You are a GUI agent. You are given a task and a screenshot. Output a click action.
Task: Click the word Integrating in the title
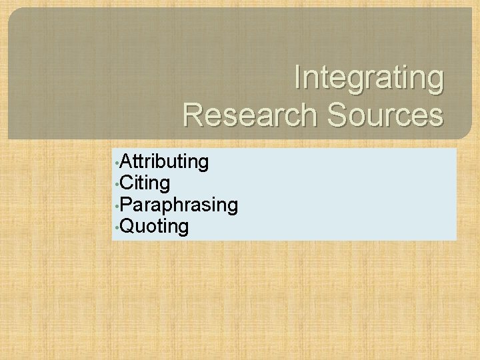369,78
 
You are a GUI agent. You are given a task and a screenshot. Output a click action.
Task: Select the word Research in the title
250,115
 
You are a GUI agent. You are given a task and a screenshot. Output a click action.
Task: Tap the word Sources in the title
384,115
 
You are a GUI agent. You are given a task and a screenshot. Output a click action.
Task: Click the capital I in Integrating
298,77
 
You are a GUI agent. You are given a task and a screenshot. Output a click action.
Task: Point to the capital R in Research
194,115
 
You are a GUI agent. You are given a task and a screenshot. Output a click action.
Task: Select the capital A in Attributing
128,161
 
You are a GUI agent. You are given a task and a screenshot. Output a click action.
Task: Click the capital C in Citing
129,183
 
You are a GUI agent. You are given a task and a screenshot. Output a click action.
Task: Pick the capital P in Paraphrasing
128,205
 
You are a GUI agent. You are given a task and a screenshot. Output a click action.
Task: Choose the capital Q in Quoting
129,227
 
